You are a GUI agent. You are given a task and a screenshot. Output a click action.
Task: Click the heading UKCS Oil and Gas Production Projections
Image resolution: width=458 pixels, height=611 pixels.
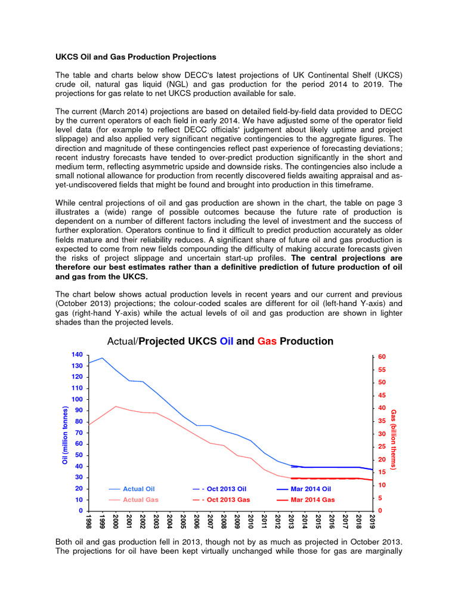tap(136, 57)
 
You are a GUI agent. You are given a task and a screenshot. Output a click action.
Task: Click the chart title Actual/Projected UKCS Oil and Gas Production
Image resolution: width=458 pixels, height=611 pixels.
tap(219, 341)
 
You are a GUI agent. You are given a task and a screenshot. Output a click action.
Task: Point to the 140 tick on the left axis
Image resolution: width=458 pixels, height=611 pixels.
tap(77, 354)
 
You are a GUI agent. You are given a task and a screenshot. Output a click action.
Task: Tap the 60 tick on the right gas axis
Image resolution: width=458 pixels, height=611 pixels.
tap(381, 357)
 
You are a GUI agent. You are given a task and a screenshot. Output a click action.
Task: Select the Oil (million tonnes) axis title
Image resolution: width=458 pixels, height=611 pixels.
tap(65, 436)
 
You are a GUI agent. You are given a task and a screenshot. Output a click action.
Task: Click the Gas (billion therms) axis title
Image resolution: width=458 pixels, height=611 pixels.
tap(394, 439)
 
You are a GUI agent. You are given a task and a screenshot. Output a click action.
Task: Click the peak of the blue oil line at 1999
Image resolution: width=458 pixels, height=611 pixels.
tap(102, 358)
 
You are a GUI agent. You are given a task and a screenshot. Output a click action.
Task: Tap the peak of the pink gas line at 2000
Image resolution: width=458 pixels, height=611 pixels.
tap(115, 406)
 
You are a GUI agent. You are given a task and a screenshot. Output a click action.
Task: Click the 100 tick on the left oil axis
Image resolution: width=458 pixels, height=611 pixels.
tap(77, 399)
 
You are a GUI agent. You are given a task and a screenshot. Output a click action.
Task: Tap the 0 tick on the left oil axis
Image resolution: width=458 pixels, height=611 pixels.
tap(81, 511)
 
